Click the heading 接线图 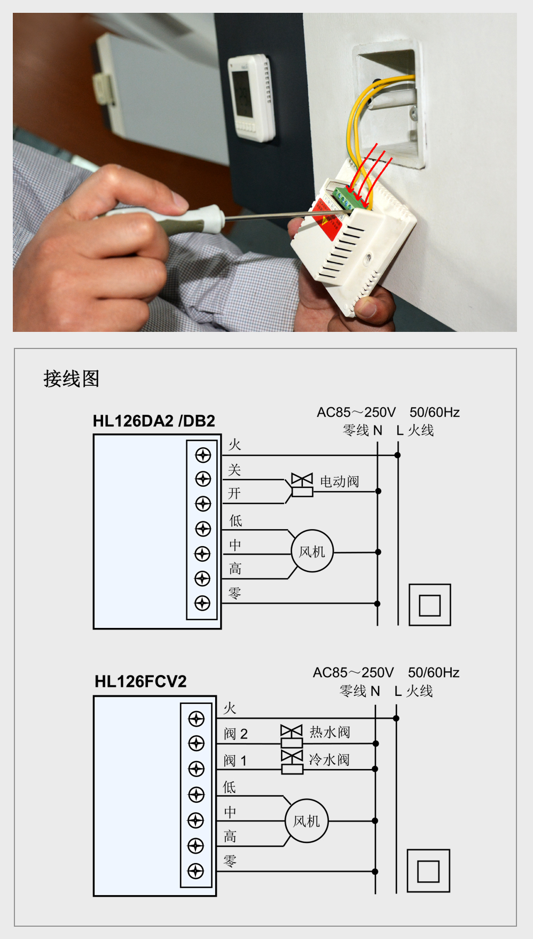point(71,379)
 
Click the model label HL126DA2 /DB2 point(154,421)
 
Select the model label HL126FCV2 point(140,681)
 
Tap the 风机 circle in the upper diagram point(312,552)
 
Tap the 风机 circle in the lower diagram point(307,821)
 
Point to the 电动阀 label point(339,482)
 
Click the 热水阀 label point(330,732)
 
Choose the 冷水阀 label point(329,759)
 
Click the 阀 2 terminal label point(236,734)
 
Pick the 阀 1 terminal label point(235,760)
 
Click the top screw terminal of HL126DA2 point(203,455)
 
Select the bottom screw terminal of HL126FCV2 point(196,871)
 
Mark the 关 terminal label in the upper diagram point(234,470)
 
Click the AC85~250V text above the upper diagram point(356,413)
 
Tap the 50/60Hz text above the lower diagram point(434,672)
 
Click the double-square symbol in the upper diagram point(429,605)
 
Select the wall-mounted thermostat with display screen point(251,96)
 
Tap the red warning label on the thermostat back point(327,219)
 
